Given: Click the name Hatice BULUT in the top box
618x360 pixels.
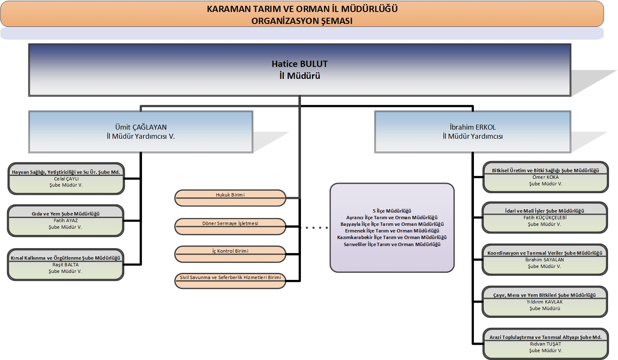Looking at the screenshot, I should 299,64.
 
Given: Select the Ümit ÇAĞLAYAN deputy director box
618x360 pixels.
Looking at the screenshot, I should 141,131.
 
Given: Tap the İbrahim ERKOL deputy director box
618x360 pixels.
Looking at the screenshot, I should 473,131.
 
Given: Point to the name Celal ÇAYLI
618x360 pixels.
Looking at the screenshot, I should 66,179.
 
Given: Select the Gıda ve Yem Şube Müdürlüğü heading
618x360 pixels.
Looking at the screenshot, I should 66,214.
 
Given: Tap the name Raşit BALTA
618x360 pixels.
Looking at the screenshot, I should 65,265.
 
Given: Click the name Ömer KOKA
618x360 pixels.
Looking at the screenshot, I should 545,177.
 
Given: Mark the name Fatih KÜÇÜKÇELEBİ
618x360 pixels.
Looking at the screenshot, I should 545,218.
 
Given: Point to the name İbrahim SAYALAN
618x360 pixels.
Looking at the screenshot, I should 545,260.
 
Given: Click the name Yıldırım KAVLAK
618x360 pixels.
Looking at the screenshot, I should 545,302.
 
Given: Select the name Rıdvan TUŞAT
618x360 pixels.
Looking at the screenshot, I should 545,344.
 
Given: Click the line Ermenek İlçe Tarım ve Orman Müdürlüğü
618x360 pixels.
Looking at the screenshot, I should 392,231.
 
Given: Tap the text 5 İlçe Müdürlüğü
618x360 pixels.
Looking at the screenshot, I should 392,211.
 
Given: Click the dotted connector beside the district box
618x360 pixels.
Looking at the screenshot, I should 314,227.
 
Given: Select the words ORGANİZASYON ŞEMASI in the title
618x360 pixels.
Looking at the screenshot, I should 302,21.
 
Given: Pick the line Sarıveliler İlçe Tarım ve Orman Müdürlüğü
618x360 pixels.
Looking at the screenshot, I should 392,244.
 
